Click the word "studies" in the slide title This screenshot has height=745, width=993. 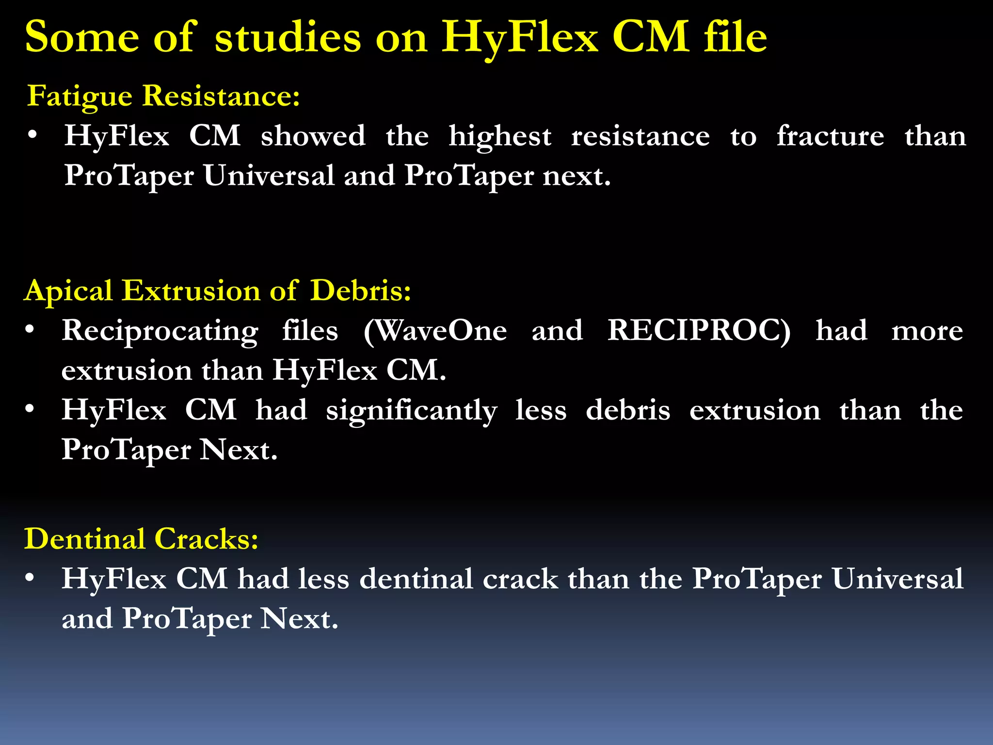point(288,37)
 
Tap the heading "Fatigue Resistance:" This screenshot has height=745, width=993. point(163,96)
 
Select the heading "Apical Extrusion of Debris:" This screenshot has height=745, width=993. point(218,291)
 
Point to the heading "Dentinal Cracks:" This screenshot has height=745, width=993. point(141,539)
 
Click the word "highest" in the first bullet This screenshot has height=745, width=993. point(499,137)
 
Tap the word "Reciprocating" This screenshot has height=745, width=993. point(160,332)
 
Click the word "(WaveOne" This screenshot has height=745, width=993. point(435,331)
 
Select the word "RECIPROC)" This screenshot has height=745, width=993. point(699,331)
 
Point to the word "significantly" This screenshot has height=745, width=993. point(411,411)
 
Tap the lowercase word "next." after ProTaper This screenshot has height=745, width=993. point(576,176)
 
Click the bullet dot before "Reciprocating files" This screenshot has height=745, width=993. point(30,330)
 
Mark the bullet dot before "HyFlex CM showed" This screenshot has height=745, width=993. point(32,135)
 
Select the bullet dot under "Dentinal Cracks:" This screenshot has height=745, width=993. point(30,578)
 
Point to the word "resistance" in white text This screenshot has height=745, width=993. point(640,136)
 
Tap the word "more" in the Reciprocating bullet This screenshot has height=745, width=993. point(927,332)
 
